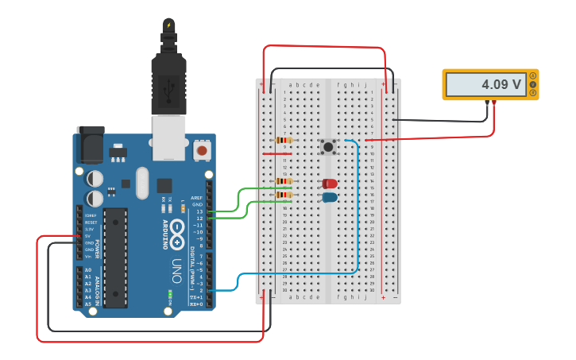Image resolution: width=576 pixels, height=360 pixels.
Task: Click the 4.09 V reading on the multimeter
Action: pos(501,84)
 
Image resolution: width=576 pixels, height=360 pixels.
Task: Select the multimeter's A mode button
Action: pos(532,75)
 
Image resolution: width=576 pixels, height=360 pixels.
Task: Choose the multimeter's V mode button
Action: pos(532,84)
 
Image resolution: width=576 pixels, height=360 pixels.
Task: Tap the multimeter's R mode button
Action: pos(532,93)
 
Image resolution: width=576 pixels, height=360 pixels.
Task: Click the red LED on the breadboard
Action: pos(330,184)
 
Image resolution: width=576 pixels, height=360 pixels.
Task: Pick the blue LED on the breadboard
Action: pos(330,196)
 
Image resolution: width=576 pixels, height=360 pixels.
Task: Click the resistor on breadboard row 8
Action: pos(283,141)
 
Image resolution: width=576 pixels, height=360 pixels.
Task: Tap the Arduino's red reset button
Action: pos(203,149)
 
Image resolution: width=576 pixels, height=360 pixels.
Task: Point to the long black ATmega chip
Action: pos(115,257)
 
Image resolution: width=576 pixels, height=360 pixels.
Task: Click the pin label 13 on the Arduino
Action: pos(199,211)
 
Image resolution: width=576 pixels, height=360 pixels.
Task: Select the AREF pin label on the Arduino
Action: pos(197,197)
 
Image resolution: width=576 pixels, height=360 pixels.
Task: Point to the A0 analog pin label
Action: pos(87,270)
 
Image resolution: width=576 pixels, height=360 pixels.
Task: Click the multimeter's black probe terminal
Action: pos(487,103)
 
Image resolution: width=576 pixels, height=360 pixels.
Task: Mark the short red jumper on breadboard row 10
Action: pos(283,154)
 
